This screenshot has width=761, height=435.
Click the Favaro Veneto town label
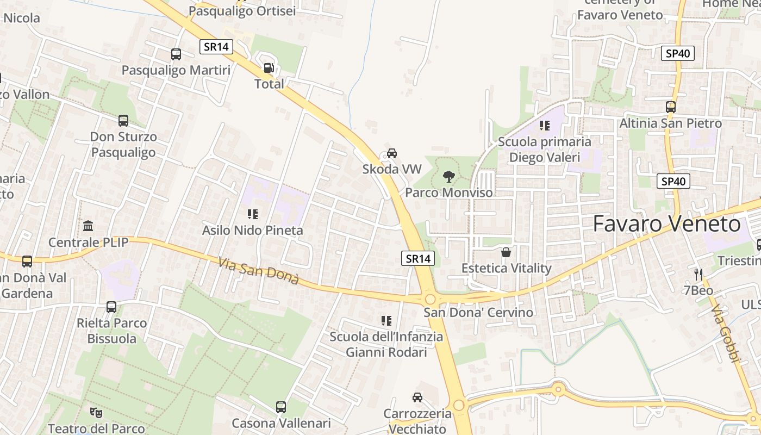pyautogui.click(x=666, y=224)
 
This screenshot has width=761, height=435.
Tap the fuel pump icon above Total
pyautogui.click(x=269, y=68)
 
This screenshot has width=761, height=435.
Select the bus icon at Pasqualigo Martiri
pyautogui.click(x=176, y=54)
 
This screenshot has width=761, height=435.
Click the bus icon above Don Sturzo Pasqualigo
pyautogui.click(x=123, y=121)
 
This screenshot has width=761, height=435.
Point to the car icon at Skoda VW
pyautogui.click(x=392, y=153)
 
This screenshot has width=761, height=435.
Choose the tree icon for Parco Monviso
pyautogui.click(x=448, y=176)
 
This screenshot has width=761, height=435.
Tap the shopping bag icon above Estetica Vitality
pyautogui.click(x=506, y=252)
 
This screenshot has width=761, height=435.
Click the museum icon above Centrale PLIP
pyautogui.click(x=88, y=226)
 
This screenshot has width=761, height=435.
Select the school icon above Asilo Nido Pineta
pyautogui.click(x=252, y=214)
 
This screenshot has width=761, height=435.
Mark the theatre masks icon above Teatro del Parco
pyautogui.click(x=96, y=413)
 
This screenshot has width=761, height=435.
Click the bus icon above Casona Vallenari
pyautogui.click(x=281, y=407)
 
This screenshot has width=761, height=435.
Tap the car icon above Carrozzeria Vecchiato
pyautogui.click(x=417, y=397)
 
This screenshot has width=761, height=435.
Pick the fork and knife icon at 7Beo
pyautogui.click(x=698, y=274)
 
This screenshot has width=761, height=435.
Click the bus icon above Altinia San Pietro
pyautogui.click(x=671, y=107)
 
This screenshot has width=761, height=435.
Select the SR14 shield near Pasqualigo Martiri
pyautogui.click(x=216, y=47)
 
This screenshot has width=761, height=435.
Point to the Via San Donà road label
pyautogui.click(x=259, y=271)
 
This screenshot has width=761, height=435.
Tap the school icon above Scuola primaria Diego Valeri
pyautogui.click(x=545, y=126)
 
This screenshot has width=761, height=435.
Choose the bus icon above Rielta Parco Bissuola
pyautogui.click(x=111, y=307)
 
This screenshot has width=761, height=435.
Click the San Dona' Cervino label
pyautogui.click(x=478, y=313)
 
